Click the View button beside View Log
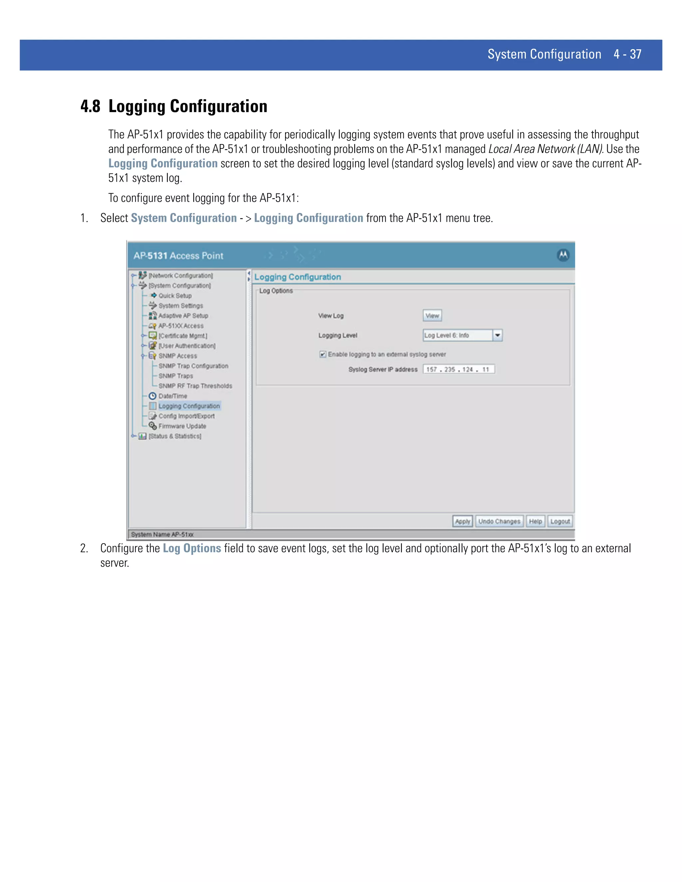(432, 316)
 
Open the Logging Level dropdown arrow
(498, 335)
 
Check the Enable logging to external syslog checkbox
(322, 354)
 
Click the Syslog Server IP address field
(459, 369)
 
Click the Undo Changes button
(499, 521)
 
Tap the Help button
(535, 521)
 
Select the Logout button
(560, 521)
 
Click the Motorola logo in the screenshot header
(563, 255)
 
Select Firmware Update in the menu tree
(182, 426)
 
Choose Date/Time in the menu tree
(172, 396)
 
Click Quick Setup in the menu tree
(175, 296)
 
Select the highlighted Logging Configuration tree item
(189, 406)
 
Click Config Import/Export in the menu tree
(186, 416)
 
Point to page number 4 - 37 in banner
(627, 55)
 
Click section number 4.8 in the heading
(91, 107)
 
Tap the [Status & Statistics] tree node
(174, 436)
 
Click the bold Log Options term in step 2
(192, 549)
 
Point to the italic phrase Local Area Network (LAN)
(545, 149)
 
